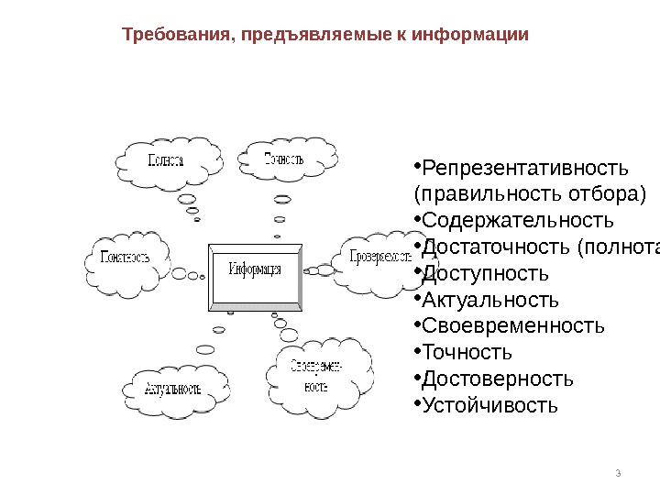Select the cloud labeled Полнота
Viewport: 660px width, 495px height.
167,159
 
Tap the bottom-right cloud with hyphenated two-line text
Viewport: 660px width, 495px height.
316,376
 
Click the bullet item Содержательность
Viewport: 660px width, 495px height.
517,221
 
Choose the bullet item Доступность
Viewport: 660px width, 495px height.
486,273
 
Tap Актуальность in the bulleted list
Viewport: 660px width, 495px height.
489,300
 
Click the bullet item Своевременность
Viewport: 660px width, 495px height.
513,325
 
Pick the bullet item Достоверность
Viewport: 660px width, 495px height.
498,379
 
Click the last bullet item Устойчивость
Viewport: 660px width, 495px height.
489,404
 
